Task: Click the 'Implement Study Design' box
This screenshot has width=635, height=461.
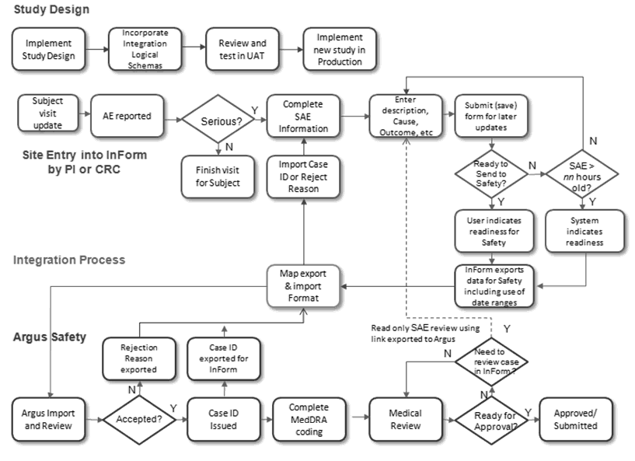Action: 48,48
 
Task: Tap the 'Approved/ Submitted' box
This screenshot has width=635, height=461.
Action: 576,420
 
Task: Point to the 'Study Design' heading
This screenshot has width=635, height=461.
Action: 50,9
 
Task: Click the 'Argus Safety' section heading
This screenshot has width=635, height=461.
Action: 49,338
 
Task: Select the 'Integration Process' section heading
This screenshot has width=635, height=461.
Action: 68,260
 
